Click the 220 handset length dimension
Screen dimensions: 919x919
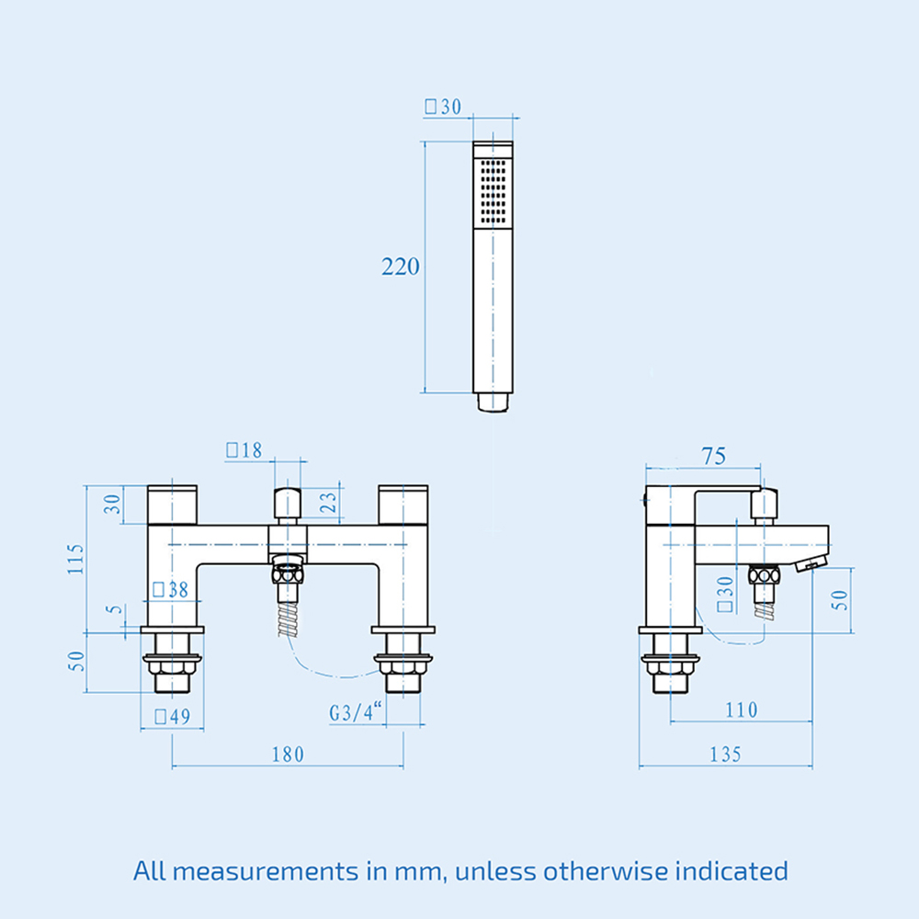coord(401,267)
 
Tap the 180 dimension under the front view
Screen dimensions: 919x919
coord(288,754)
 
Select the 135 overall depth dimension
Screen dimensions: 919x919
coord(725,754)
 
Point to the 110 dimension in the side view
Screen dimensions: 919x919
coord(741,709)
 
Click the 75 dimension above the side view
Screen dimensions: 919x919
coord(713,456)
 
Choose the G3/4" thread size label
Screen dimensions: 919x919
coord(356,712)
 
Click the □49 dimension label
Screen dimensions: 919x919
coord(172,717)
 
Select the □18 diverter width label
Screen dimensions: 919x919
coord(244,449)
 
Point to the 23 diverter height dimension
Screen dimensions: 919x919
coord(328,503)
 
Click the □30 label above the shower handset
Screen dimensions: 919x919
coord(442,107)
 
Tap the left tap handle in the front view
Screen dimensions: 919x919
coord(173,505)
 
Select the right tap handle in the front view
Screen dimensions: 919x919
coord(403,505)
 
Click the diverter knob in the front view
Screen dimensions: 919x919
coord(289,505)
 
